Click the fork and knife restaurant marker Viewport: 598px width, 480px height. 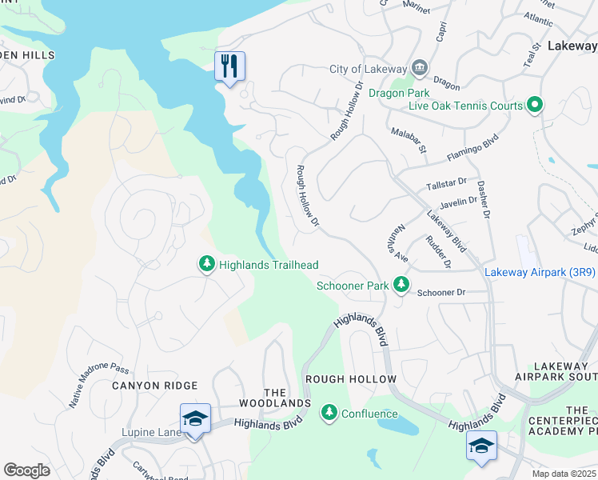229,66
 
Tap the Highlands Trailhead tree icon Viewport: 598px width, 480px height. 206,264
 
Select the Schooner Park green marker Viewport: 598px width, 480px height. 401,285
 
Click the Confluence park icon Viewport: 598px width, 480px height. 329,413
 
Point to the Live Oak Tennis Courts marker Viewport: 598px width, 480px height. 535,106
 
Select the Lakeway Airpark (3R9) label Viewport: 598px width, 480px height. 540,273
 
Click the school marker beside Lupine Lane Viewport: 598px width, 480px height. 195,420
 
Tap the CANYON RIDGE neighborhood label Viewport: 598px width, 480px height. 149,386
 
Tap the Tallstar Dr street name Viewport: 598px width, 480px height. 446,183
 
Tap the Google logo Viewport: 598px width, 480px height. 26,470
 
